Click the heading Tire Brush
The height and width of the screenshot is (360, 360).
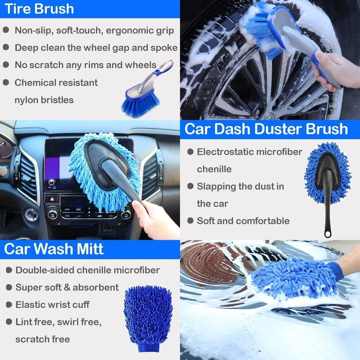tap(39, 9)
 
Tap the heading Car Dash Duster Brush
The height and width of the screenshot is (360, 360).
tap(266, 129)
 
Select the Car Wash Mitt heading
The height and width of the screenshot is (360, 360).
tap(54, 249)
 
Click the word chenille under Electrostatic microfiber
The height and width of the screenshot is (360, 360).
tap(214, 169)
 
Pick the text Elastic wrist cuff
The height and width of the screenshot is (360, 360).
tap(52, 304)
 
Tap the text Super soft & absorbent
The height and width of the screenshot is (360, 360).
tap(67, 287)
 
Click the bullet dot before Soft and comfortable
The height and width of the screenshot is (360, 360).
tap(190, 220)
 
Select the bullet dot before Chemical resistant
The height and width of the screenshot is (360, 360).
tap(6, 82)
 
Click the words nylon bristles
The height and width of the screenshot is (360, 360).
tap(44, 100)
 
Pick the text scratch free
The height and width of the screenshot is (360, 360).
tap(42, 339)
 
